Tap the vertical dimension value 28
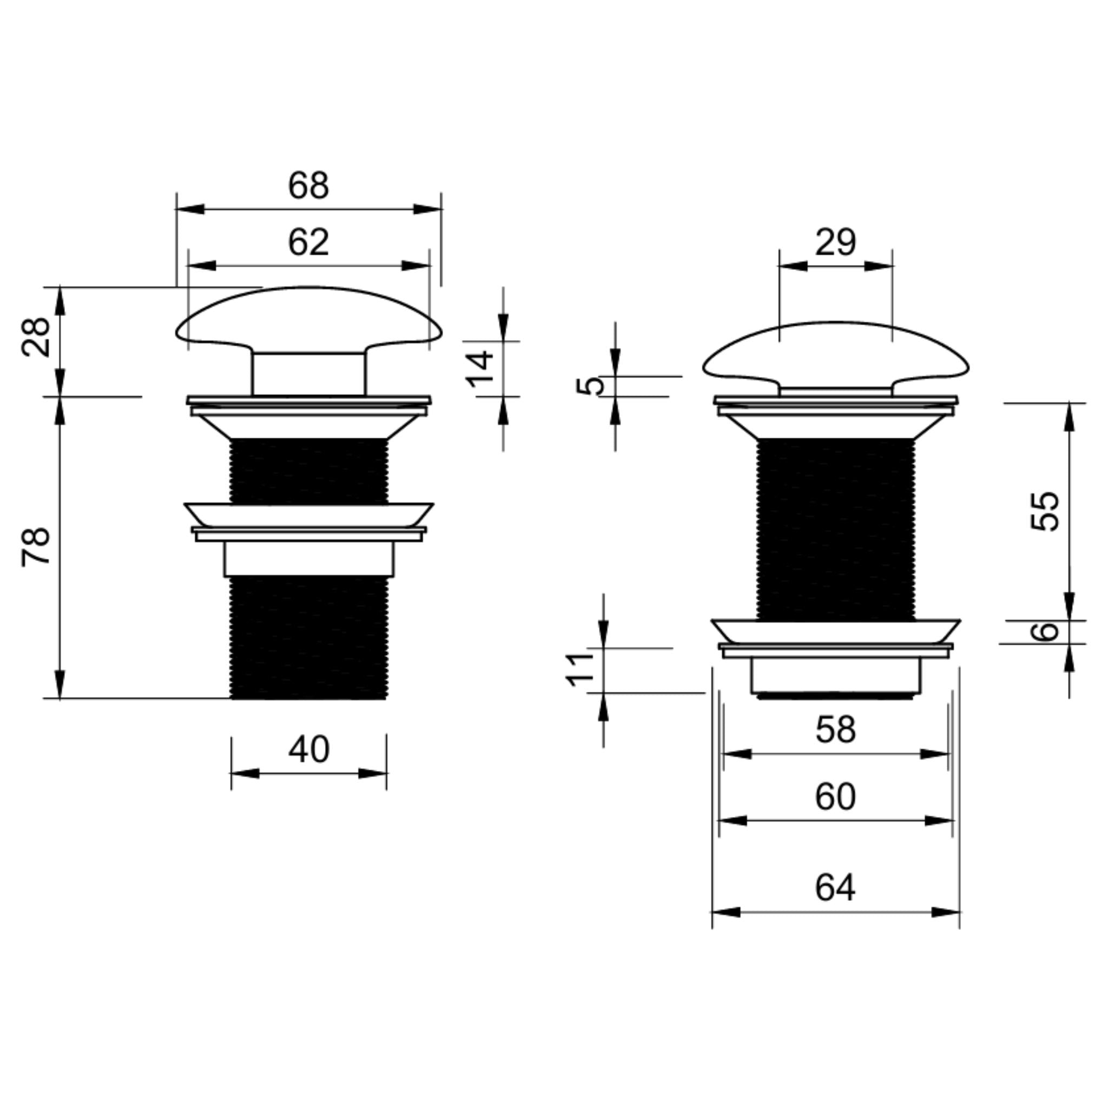click(x=36, y=337)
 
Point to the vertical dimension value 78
click(x=36, y=547)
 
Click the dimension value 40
click(x=308, y=749)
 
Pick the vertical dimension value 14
click(x=479, y=369)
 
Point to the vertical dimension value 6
click(x=1045, y=631)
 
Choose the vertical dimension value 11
click(x=581, y=669)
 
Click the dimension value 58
click(x=835, y=729)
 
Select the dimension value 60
click(x=835, y=796)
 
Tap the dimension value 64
click(x=835, y=887)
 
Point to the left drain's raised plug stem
click(x=308, y=374)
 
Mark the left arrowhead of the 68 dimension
click(x=190, y=209)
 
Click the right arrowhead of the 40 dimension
click(x=373, y=773)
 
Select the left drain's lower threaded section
click(x=308, y=637)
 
